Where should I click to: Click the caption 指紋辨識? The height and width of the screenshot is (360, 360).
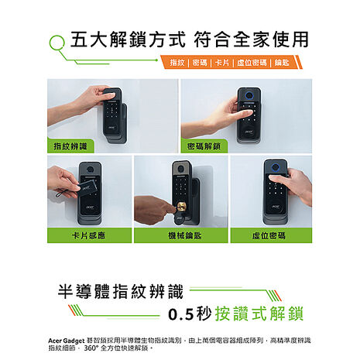[x=70, y=146]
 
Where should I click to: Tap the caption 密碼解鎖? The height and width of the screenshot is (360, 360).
[x=204, y=146]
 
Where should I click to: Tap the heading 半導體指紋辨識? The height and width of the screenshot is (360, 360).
[x=121, y=292]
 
